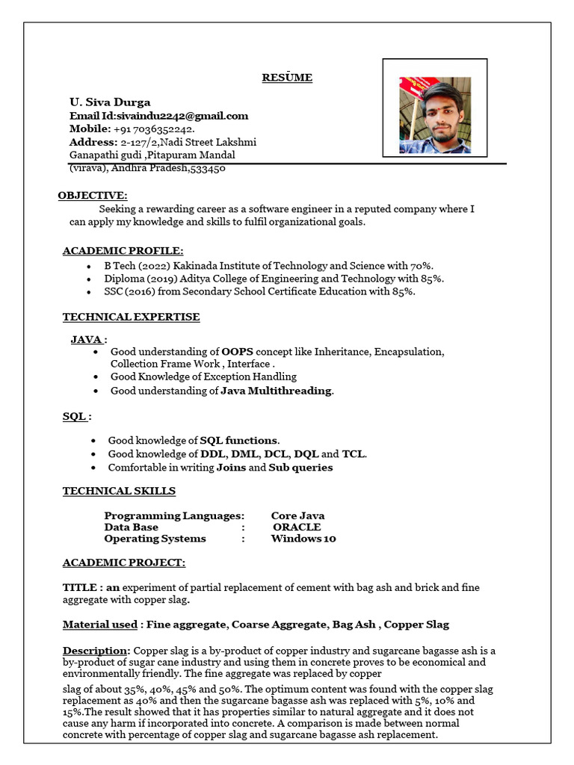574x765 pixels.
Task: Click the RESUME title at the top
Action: [287, 78]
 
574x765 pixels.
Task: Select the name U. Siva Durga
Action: [110, 102]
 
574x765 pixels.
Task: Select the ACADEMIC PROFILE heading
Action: [123, 251]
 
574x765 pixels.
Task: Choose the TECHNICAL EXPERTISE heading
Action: [131, 317]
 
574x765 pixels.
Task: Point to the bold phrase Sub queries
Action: [301, 468]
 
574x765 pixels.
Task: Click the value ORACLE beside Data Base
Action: [297, 527]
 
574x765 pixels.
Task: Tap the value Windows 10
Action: [303, 539]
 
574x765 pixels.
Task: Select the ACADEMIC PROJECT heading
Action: [124, 563]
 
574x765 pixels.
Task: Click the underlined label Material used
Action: [99, 624]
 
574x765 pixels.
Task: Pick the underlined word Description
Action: [96, 650]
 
